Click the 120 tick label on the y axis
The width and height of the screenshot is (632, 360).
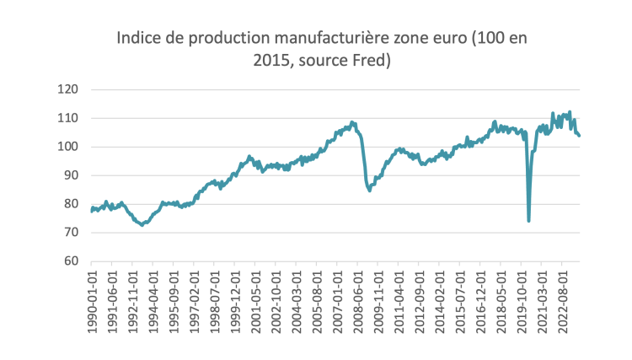pos(67,89)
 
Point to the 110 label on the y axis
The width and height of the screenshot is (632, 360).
pos(67,118)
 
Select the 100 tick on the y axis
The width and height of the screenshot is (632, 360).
pos(67,147)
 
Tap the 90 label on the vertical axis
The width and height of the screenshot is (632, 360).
pos(70,175)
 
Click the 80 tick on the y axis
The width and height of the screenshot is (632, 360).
pos(70,204)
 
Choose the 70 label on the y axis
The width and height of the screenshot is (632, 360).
pos(70,233)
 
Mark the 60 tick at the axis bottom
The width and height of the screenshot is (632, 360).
pos(70,261)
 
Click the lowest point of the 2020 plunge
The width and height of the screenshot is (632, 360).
pos(528,220)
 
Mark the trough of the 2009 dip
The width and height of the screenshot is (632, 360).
pos(369,190)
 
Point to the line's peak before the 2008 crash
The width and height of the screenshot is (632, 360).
pos(352,122)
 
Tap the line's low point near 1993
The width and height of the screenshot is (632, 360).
pos(142,225)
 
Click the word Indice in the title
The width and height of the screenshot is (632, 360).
pos(138,39)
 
